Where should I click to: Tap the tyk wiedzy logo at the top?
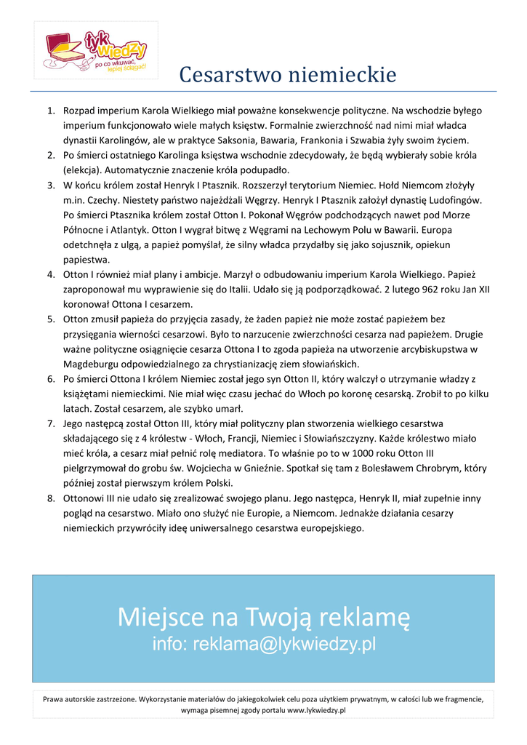(x=96, y=51)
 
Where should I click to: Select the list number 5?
(x=51, y=319)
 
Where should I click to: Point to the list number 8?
(x=51, y=498)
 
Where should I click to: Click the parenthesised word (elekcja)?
(x=84, y=170)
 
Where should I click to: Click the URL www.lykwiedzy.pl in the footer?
(x=316, y=709)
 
